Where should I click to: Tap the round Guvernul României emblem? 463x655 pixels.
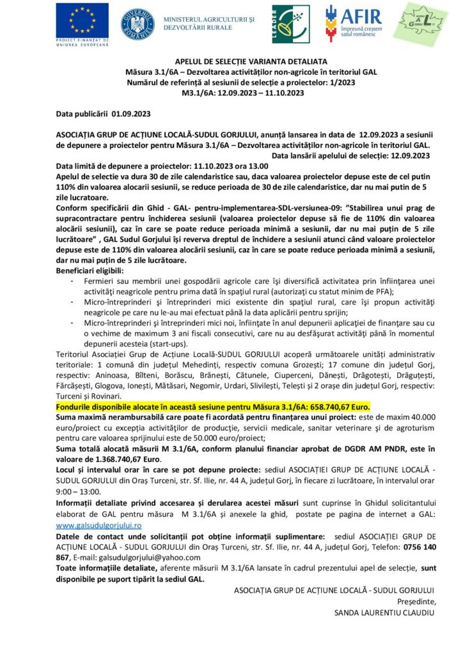[137, 24]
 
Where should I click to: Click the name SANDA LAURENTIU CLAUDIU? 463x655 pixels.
[384, 613]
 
